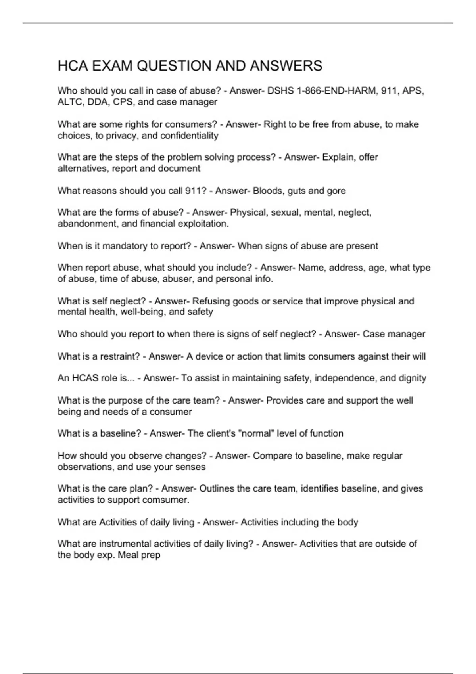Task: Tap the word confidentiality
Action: pyautogui.click(x=190, y=136)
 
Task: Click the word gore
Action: pyautogui.click(x=336, y=191)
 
